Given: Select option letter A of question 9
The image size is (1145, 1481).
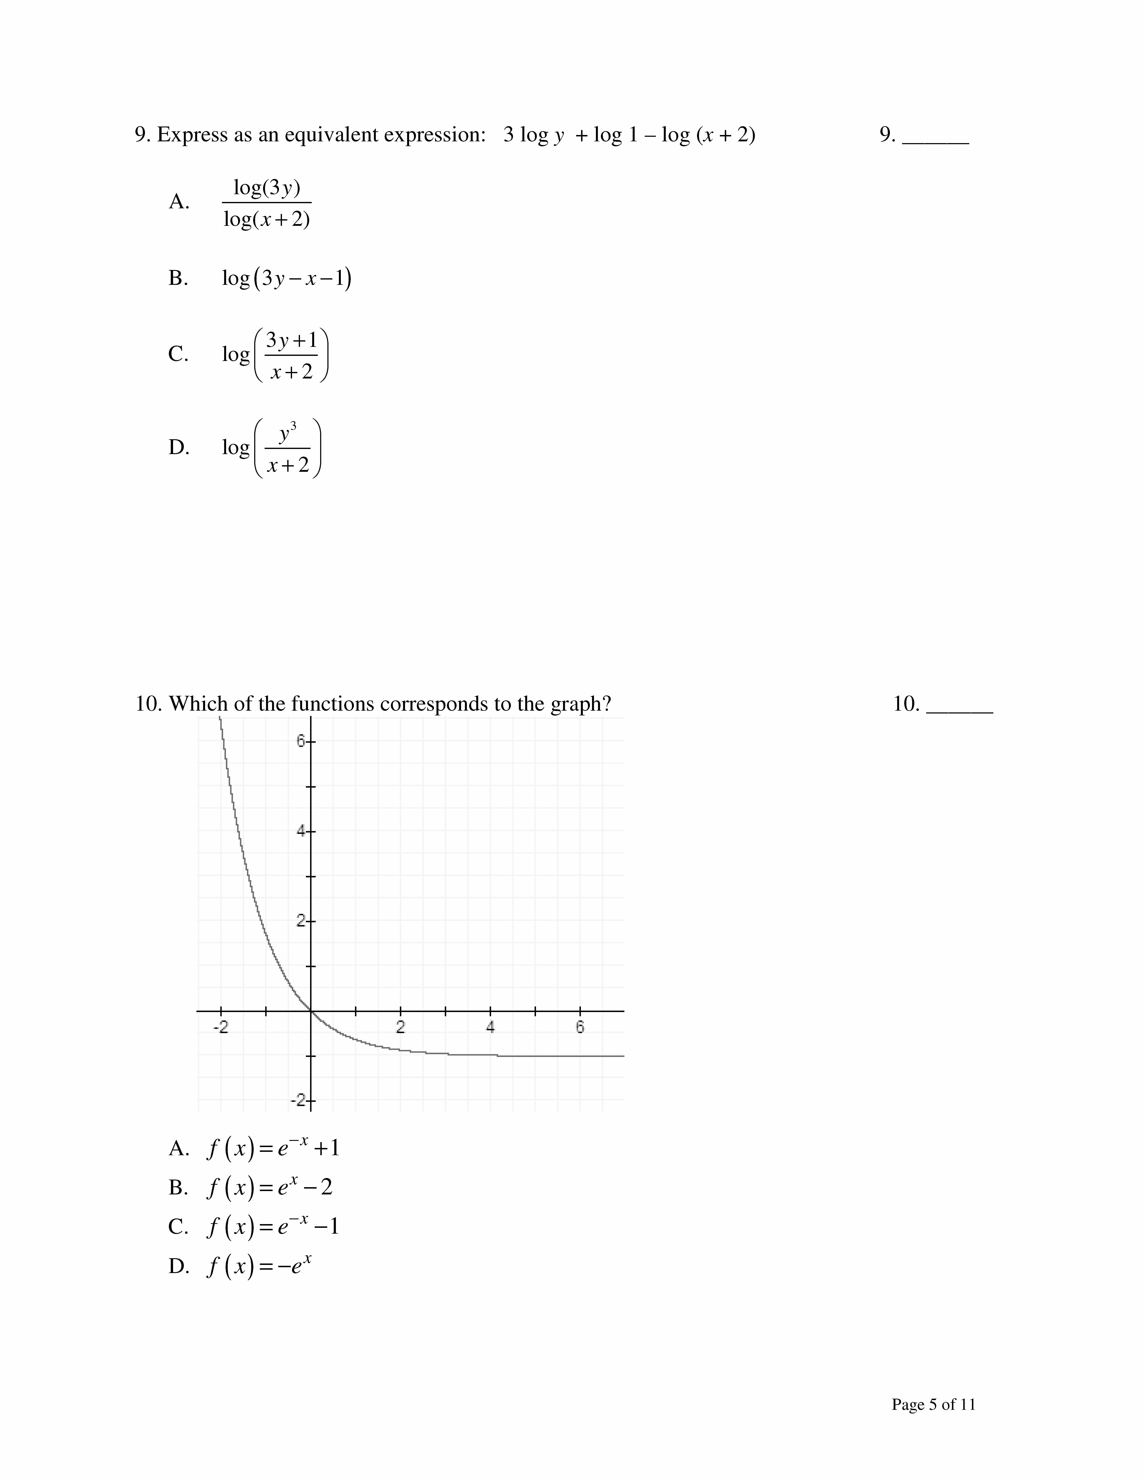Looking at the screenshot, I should [178, 202].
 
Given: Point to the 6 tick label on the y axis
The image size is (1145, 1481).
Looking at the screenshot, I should [301, 742].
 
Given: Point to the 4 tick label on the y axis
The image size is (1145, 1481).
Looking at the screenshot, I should [301, 831].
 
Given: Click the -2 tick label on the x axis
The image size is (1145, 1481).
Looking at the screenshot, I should [220, 1027].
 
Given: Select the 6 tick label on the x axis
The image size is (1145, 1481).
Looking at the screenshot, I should [580, 1027].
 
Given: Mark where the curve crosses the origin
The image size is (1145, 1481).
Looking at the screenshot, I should [311, 1011].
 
